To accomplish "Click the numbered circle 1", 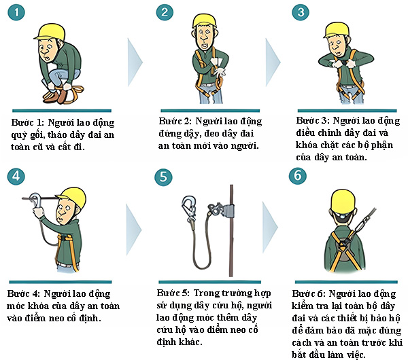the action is click(16, 12).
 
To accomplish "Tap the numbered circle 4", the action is click(16, 177).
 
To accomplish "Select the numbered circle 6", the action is click(298, 176).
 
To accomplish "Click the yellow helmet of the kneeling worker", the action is click(50, 32).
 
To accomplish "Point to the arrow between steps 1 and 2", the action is click(135, 62).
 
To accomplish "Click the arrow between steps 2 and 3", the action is click(273, 62).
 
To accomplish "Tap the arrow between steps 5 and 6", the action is click(270, 227).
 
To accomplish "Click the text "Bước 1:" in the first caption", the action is click(27, 122).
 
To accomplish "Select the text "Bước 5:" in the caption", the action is click(173, 293).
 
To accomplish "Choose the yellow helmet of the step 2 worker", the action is click(205, 20).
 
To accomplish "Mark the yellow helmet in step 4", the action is click(73, 196).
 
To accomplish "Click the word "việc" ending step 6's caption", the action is click(356, 355).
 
